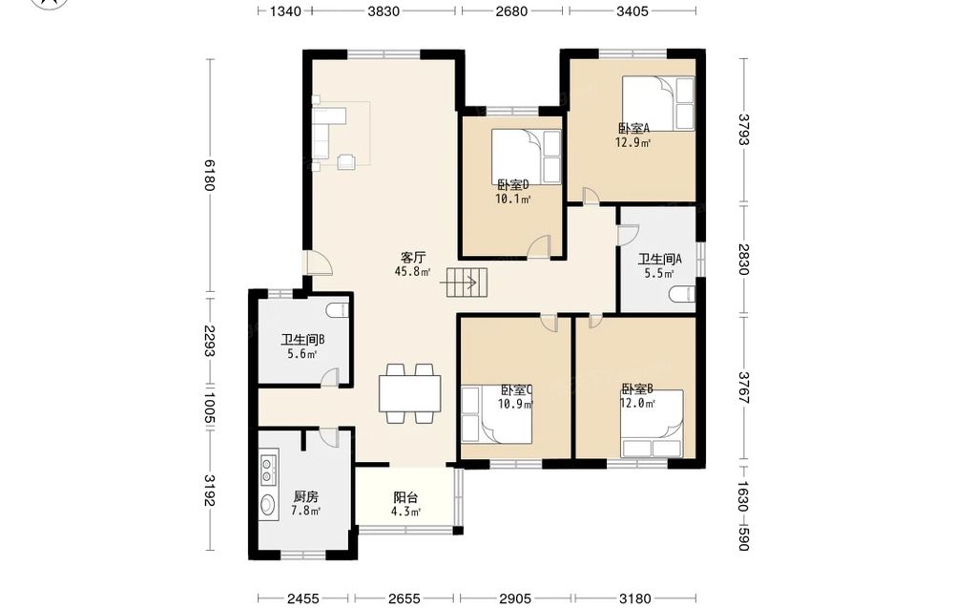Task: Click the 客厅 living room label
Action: click(x=412, y=258)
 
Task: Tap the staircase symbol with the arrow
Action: click(x=467, y=283)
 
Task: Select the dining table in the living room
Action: click(x=410, y=394)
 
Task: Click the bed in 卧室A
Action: click(x=657, y=103)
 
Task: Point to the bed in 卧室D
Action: click(x=526, y=156)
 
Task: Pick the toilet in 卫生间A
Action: click(x=681, y=295)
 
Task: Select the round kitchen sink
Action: click(x=267, y=505)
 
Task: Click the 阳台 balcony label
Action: click(x=404, y=498)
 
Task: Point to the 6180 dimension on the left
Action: click(x=209, y=176)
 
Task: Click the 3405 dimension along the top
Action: click(x=633, y=10)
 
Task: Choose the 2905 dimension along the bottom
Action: click(x=515, y=598)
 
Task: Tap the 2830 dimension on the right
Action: click(x=743, y=260)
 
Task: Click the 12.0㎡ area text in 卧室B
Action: click(x=637, y=403)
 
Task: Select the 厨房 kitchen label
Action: click(x=305, y=496)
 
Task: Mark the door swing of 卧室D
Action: click(x=539, y=246)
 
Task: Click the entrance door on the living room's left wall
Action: click(x=319, y=263)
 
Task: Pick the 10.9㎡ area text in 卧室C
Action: click(x=516, y=403)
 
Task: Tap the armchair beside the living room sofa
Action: click(x=347, y=160)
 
